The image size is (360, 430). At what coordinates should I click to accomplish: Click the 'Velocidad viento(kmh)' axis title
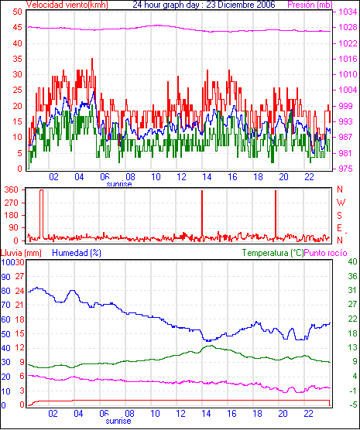click(x=67, y=5)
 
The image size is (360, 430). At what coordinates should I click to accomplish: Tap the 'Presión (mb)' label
click(x=310, y=5)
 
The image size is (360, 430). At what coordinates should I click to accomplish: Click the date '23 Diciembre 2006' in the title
click(x=241, y=5)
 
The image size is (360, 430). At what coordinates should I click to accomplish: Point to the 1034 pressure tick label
click(x=348, y=12)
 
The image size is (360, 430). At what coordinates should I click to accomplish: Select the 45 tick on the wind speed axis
click(x=17, y=27)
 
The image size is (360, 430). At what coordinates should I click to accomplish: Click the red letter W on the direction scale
click(x=341, y=203)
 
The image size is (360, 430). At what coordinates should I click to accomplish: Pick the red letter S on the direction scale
click(x=339, y=216)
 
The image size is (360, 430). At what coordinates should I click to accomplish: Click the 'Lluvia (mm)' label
click(x=21, y=253)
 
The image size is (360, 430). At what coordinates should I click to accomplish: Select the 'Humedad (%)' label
click(x=77, y=253)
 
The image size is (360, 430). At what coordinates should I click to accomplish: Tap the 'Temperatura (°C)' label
click(x=273, y=253)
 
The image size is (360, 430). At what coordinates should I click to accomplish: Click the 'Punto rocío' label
click(x=326, y=253)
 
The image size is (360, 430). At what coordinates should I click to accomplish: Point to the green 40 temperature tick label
click(x=352, y=261)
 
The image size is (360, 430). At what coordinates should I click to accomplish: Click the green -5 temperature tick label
click(x=352, y=404)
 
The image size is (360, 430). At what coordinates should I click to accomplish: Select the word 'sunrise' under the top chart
click(x=119, y=184)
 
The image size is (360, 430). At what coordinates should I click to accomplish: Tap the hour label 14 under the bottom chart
click(x=206, y=413)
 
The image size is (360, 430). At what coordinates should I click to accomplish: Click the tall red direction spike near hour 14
click(x=202, y=215)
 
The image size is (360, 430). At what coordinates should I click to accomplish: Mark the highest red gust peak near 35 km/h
click(x=92, y=59)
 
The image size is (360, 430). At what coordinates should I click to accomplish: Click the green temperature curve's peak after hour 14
click(x=211, y=346)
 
